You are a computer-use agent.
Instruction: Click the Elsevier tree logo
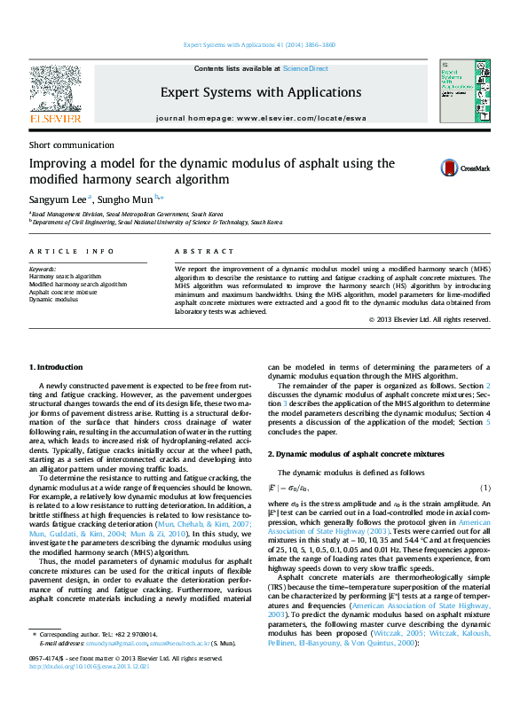(55, 90)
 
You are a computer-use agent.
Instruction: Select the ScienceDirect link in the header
(305, 68)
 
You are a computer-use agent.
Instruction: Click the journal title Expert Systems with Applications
(260, 92)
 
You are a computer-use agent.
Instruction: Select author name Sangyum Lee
(58, 200)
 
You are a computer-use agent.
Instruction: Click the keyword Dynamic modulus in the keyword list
(54, 300)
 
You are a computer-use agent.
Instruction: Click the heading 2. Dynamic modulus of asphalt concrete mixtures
(356, 453)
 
